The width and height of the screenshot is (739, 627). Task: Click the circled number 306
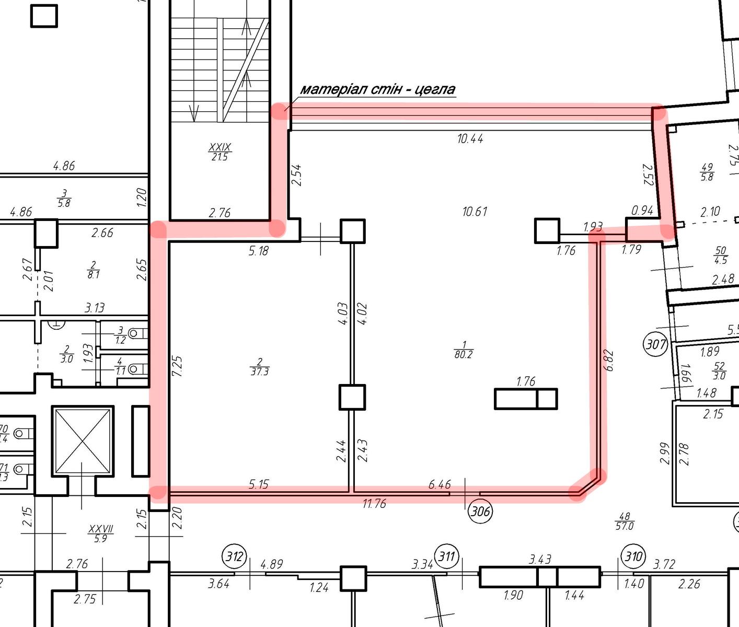click(480, 511)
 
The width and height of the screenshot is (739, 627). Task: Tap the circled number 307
click(656, 345)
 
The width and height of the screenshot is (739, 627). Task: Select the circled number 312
click(235, 556)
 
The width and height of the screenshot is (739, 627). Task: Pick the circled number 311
click(447, 556)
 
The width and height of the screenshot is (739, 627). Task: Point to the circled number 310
click(633, 556)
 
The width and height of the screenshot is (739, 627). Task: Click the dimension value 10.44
click(470, 138)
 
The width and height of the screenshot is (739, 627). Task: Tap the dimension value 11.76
click(374, 504)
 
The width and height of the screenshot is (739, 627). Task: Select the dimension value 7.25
click(177, 366)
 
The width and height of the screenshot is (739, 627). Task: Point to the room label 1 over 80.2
click(464, 350)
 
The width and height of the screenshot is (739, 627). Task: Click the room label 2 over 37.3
click(260, 367)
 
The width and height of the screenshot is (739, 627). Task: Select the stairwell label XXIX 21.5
click(220, 152)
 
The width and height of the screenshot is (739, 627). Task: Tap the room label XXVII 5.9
click(100, 533)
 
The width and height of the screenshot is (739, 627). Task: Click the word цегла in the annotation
click(435, 89)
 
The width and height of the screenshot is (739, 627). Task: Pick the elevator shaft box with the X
click(83, 441)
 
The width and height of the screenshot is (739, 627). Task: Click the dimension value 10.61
click(475, 212)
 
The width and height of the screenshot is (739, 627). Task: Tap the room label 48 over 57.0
click(624, 521)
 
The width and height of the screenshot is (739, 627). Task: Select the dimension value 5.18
click(259, 251)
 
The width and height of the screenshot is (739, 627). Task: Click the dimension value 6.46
click(440, 484)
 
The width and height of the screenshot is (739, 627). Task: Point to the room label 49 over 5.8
click(707, 172)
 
